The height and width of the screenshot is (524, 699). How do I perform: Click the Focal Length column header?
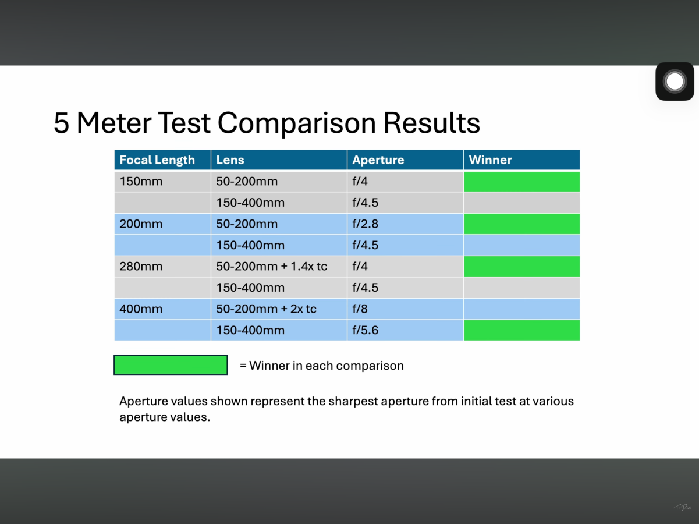(x=162, y=160)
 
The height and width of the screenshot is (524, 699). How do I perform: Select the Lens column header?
(x=279, y=160)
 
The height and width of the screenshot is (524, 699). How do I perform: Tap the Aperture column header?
(x=405, y=160)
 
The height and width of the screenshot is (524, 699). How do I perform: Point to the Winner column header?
(x=521, y=160)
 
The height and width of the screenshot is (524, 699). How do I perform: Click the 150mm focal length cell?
(x=162, y=182)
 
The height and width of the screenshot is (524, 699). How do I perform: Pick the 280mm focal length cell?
(x=162, y=266)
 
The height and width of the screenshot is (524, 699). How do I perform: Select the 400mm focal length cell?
(x=162, y=309)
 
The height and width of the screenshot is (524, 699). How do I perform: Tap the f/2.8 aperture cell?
(x=405, y=224)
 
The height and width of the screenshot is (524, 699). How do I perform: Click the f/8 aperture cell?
(x=405, y=309)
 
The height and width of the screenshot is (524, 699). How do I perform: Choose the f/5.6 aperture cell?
(x=405, y=330)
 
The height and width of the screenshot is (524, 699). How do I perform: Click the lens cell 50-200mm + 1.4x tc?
(x=279, y=266)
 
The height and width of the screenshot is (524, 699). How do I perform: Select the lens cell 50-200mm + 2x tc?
(x=279, y=309)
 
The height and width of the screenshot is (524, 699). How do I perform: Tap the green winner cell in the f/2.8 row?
(x=521, y=224)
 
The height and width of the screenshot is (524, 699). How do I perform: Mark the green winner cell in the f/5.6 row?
(x=521, y=330)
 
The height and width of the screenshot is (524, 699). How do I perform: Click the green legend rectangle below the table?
(x=171, y=364)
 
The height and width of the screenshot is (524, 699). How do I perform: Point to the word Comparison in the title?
(x=297, y=123)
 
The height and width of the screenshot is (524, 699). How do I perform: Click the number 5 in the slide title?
(x=61, y=123)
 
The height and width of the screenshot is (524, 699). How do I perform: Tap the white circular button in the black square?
(x=675, y=82)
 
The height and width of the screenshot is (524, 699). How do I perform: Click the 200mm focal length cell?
(x=162, y=224)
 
